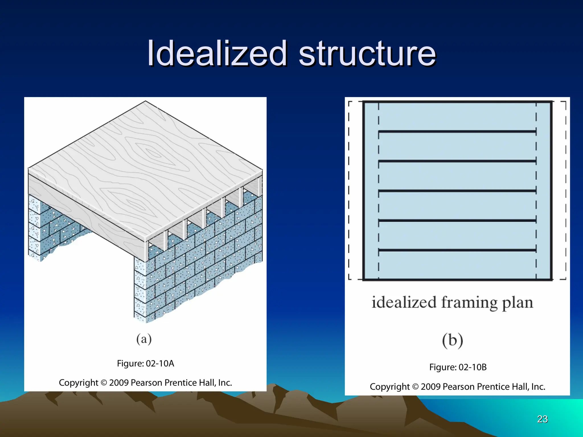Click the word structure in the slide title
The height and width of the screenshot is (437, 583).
point(367,53)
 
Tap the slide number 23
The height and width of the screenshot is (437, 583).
point(542,419)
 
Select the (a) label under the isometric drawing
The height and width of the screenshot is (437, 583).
point(144,339)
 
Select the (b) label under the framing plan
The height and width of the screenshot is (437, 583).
point(452,341)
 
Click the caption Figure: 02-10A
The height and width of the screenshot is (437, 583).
point(145,363)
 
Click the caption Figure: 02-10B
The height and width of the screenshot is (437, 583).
point(458,367)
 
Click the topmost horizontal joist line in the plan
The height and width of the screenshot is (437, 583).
point(457,131)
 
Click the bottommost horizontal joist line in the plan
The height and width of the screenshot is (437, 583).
point(457,250)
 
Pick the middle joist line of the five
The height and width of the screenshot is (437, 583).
point(457,191)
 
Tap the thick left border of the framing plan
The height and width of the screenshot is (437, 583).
point(364,191)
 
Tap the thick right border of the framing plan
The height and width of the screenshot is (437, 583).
point(551,191)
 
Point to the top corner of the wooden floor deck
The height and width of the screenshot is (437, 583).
point(145,101)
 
